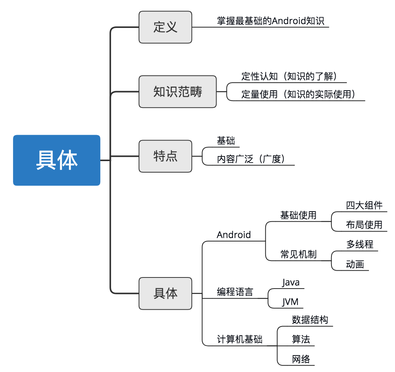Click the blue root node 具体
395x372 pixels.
[57, 160]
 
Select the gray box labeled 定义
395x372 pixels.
[165, 27]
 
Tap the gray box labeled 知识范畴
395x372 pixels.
[178, 91]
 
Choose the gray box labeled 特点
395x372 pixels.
[165, 156]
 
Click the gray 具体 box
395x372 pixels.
[165, 293]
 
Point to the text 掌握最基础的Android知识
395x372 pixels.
[271, 21]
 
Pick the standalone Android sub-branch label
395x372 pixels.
[233, 235]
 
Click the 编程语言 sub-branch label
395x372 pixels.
[235, 292]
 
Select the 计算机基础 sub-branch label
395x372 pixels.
[239, 339]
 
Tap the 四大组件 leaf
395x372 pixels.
[364, 205]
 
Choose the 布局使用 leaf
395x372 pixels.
[364, 225]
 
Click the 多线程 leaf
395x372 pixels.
[360, 244]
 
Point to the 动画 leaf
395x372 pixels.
[355, 264]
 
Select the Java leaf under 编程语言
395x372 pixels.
[291, 282]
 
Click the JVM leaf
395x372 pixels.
[290, 302]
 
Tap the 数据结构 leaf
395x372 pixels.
[310, 320]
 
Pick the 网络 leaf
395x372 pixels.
[300, 359]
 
